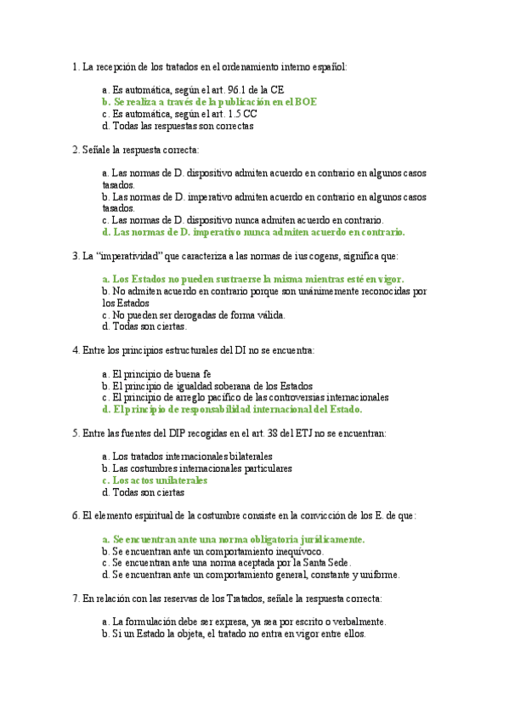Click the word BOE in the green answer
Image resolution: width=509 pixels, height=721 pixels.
[x=306, y=101]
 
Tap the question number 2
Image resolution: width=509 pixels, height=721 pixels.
[x=76, y=150]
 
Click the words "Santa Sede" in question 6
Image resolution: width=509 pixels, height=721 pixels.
[x=325, y=562]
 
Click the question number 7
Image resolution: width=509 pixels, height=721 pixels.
[x=76, y=598]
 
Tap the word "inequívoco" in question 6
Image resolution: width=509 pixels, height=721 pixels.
[x=297, y=551]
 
